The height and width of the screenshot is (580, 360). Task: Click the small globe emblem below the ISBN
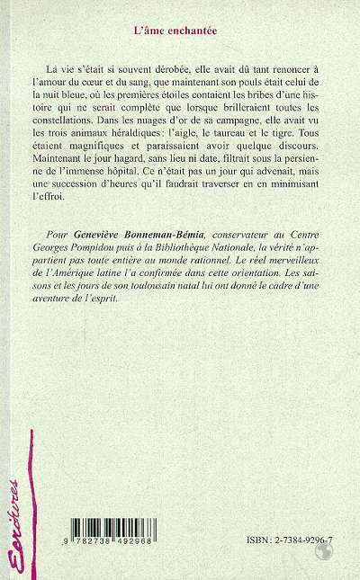pyautogui.click(x=318, y=558)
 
